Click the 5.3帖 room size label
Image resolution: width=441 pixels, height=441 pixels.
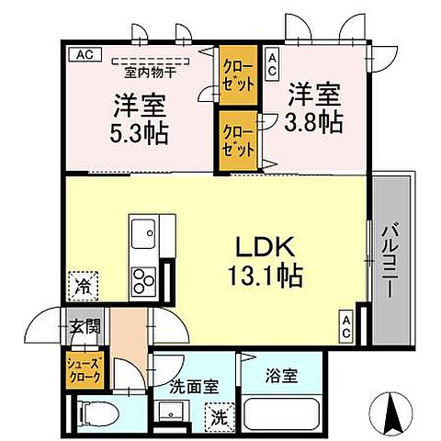pos(141,131)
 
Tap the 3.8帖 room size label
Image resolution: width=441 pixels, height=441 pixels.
pos(319,120)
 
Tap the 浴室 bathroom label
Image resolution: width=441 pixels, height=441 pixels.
pos(283,375)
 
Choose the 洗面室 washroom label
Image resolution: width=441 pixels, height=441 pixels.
pos(193,387)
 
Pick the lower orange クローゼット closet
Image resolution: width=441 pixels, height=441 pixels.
pos(238,141)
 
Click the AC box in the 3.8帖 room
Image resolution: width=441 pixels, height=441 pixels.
pos(272,63)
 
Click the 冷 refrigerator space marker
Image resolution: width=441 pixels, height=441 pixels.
pos(81,286)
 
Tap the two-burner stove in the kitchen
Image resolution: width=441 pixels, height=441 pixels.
pos(144,277)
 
